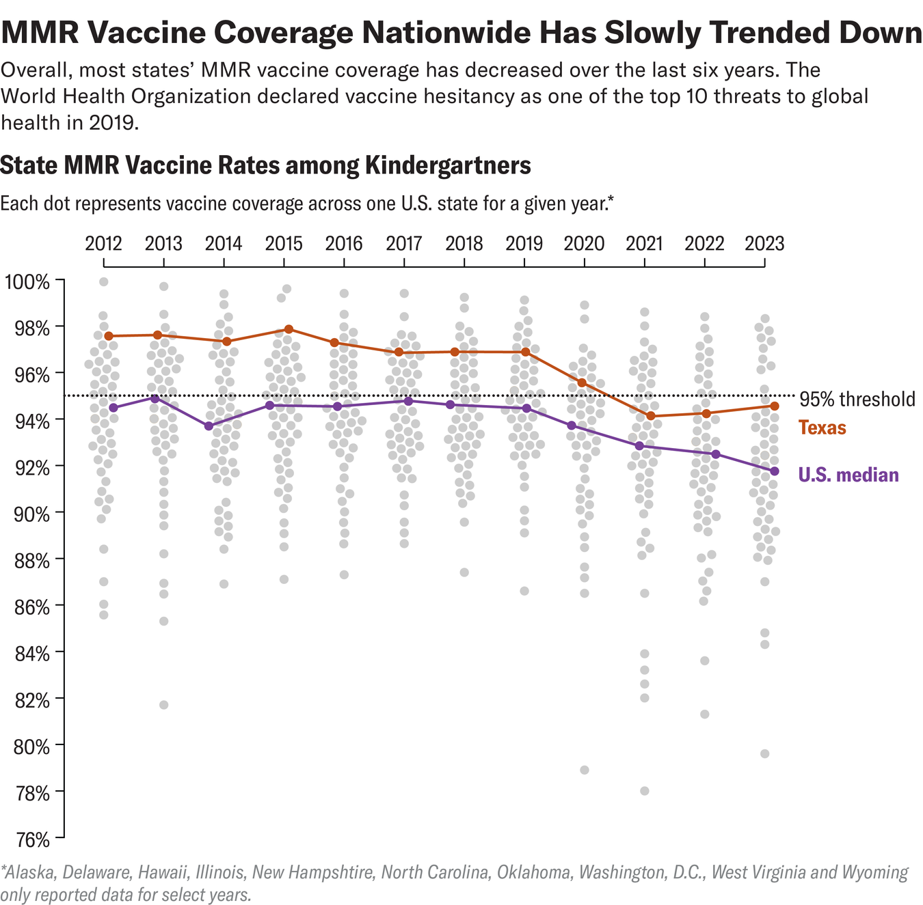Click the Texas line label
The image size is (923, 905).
tap(822, 428)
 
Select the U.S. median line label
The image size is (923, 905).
tap(848, 475)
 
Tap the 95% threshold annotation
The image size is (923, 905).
tap(857, 399)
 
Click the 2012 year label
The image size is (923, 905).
tap(103, 244)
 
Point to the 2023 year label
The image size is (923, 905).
tap(764, 244)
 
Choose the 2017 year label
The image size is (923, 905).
tap(404, 244)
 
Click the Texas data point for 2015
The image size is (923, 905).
tap(289, 329)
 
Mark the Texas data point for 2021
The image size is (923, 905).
tap(650, 416)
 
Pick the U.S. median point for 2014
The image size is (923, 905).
tap(209, 426)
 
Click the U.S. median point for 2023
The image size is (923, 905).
tap(774, 471)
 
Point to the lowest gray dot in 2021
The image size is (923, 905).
tap(644, 791)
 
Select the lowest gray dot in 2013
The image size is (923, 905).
tap(163, 705)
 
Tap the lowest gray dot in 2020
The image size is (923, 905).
tap(585, 770)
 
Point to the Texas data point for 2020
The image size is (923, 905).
tap(582, 382)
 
